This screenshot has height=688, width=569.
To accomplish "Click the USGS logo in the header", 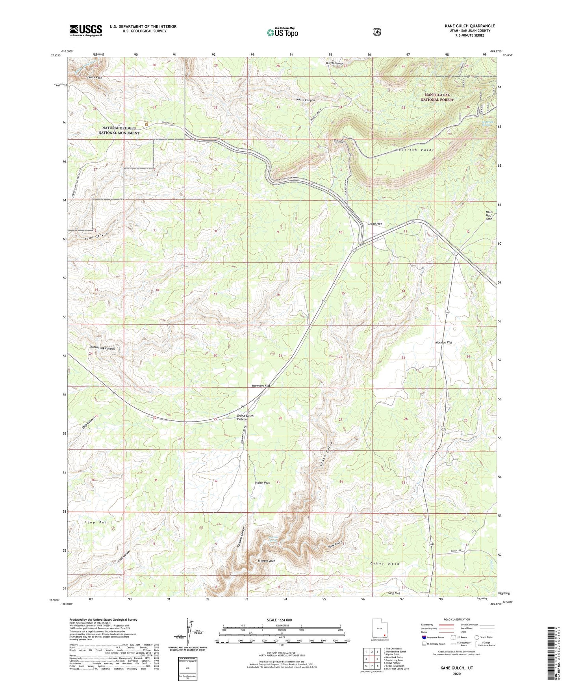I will [x=86, y=30].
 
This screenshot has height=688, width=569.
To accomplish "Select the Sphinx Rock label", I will [x=94, y=78].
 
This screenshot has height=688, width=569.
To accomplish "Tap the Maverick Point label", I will [x=414, y=150].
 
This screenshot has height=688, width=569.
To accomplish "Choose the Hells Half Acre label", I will [x=489, y=215].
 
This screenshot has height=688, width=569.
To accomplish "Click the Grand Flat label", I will [x=374, y=224].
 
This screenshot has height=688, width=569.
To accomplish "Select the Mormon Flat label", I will [x=443, y=342].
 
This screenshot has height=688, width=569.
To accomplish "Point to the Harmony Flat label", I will [x=261, y=385].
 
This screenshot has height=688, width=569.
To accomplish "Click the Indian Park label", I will [x=262, y=482].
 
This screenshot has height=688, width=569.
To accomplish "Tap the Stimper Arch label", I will [x=266, y=560].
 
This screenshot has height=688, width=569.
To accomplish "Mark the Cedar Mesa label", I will [x=385, y=563].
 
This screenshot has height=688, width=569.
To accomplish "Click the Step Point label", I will [x=98, y=522].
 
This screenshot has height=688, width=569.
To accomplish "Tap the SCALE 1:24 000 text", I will [x=279, y=620].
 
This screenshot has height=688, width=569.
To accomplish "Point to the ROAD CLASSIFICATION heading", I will [x=457, y=619].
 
